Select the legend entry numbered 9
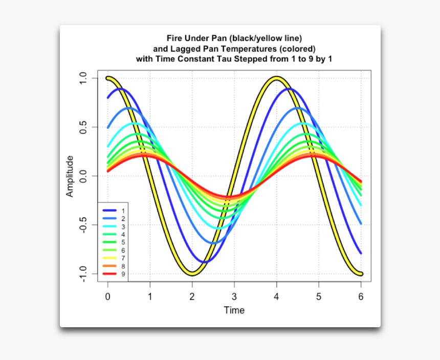click(123, 274)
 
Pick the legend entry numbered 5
click(123, 242)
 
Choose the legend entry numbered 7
click(123, 258)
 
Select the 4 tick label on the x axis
click(276, 297)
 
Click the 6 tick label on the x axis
click(361, 297)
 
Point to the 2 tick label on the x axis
click(192, 297)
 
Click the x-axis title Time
click(234, 310)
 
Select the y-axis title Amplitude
click(70, 176)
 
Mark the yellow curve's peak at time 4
click(276, 78)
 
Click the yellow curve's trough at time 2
click(192, 273)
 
